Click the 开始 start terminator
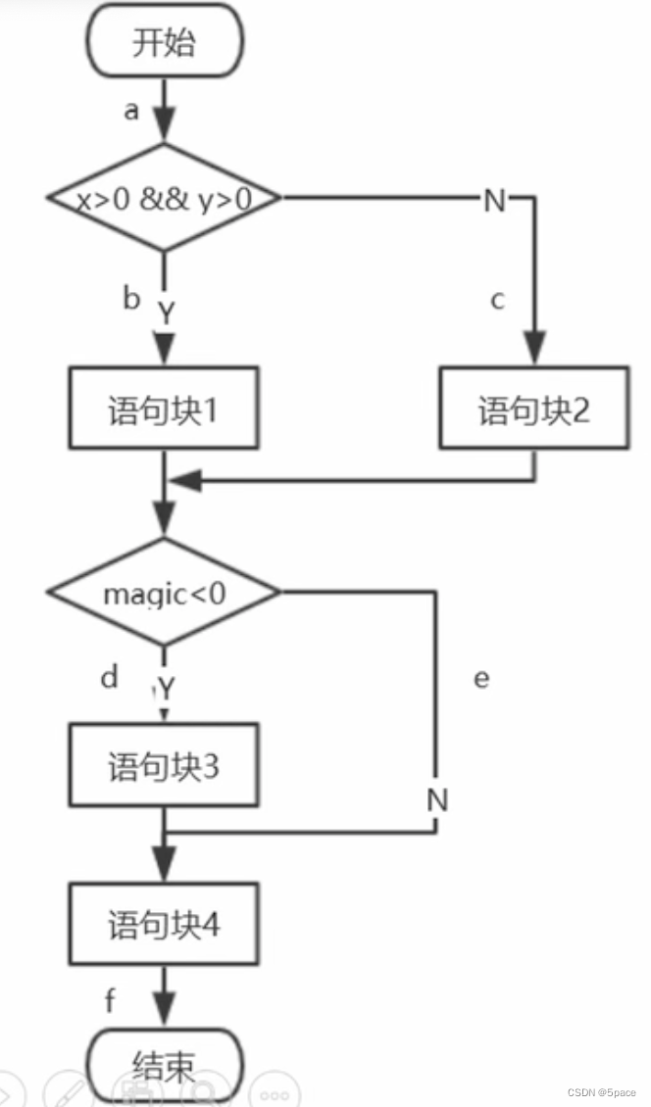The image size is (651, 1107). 164,44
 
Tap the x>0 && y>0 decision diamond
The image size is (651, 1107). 164,199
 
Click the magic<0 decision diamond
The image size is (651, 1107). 164,593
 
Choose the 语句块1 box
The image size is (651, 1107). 164,409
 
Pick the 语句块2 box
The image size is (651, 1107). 534,409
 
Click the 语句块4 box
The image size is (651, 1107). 164,924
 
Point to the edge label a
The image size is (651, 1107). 130,111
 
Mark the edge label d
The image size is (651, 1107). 109,676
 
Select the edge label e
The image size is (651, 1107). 481,678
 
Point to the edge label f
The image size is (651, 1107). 111,1000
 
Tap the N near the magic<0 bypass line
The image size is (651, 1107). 437,800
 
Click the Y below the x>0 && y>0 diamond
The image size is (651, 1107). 167,313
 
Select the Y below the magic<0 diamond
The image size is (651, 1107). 167,690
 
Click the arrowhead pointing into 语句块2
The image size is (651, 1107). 534,351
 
